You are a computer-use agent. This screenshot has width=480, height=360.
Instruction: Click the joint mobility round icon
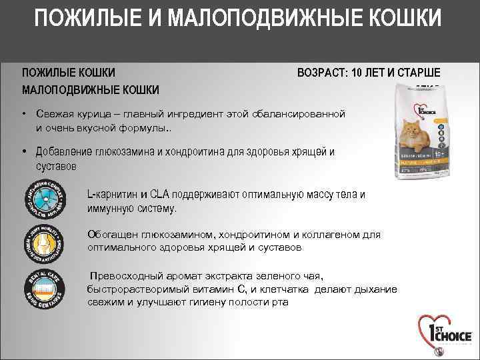click(45, 242)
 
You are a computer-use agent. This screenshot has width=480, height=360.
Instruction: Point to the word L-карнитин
click(113, 195)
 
